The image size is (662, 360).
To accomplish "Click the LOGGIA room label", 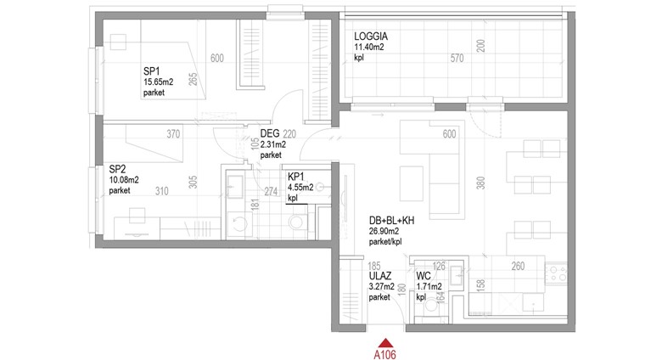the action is coord(371,37).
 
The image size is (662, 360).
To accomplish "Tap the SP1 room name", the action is coord(152,71).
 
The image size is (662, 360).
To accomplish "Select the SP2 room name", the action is coord(117,170).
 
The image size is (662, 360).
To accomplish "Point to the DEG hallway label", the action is coord(270,133).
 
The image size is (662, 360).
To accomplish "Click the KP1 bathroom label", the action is coord(296,177).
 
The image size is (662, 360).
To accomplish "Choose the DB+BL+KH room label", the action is coord(392,221).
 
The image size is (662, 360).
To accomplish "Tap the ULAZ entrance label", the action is coord(380,276).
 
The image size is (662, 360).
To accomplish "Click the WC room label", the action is coord(424,276).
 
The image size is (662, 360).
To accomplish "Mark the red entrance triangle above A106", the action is coord(385,343).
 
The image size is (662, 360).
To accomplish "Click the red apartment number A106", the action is coord(385,355).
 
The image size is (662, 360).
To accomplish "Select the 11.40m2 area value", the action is coord(369,48).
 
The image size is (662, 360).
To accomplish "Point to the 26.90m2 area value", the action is coord(384,232).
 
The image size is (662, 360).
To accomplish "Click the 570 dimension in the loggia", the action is coord(457,59).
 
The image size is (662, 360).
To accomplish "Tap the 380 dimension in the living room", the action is coord(480,183).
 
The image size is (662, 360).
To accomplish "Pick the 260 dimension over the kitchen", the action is coord(518,267).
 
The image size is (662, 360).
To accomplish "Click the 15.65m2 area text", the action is coord(159,82).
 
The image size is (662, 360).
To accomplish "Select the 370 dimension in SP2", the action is coord(173,134).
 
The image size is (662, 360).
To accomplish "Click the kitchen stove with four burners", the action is coord(557,273).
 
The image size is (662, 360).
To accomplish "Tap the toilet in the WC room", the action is coord(431,305).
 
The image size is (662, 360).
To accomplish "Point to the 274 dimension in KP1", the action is coord(271,192).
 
